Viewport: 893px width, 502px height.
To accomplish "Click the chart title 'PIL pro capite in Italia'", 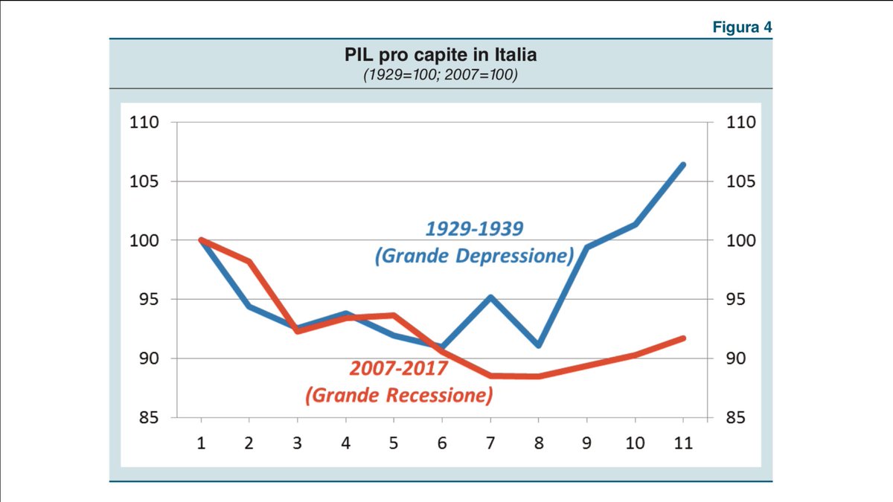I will click(440, 56).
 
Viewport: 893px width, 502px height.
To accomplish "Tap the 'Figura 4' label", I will click(742, 28).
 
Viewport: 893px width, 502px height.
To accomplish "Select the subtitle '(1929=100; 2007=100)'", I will click(440, 75).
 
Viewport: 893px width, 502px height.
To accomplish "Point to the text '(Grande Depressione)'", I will click(474, 257).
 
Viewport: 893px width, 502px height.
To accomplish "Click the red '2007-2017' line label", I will click(398, 368).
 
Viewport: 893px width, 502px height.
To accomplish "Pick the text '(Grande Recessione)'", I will click(399, 395).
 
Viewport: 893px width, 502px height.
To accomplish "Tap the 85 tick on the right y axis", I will click(740, 418).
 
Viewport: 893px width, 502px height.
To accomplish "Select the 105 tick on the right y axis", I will click(740, 181).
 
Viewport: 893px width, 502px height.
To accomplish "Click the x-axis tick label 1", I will click(200, 443).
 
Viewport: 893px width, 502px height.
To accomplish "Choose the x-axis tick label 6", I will click(442, 443).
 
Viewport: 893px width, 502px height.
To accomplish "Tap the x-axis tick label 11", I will click(683, 443).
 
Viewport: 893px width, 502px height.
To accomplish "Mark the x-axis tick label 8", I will click(538, 443).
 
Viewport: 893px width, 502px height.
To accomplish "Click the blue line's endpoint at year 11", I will click(683, 164).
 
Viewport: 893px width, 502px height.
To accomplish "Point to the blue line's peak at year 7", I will click(490, 297).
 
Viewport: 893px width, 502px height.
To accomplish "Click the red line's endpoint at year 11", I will click(683, 338).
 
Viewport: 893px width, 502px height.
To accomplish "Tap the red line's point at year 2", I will click(249, 262).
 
